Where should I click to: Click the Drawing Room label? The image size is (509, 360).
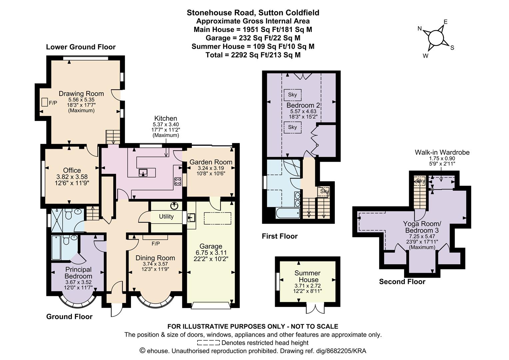click(x=81, y=93)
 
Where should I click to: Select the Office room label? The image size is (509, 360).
click(x=72, y=170)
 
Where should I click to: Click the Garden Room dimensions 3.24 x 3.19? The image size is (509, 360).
click(x=211, y=168)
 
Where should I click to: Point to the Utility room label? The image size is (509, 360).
click(x=166, y=217)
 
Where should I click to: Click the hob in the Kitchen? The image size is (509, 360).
click(x=178, y=181)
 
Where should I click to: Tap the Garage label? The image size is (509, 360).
click(x=211, y=246)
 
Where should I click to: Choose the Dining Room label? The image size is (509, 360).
click(x=155, y=258)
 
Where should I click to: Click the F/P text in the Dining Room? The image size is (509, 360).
click(x=156, y=244)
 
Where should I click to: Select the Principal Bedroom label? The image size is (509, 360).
click(x=78, y=273)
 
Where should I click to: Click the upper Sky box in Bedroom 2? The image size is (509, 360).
click(x=292, y=95)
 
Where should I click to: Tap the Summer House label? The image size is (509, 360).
click(x=308, y=276)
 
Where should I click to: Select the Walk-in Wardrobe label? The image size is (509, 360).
click(x=442, y=152)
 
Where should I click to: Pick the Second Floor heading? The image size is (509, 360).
click(x=402, y=282)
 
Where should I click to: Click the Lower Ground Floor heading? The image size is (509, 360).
click(x=81, y=47)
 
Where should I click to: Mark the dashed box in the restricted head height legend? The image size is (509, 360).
click(x=209, y=343)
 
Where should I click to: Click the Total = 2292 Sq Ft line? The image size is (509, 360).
click(x=253, y=55)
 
